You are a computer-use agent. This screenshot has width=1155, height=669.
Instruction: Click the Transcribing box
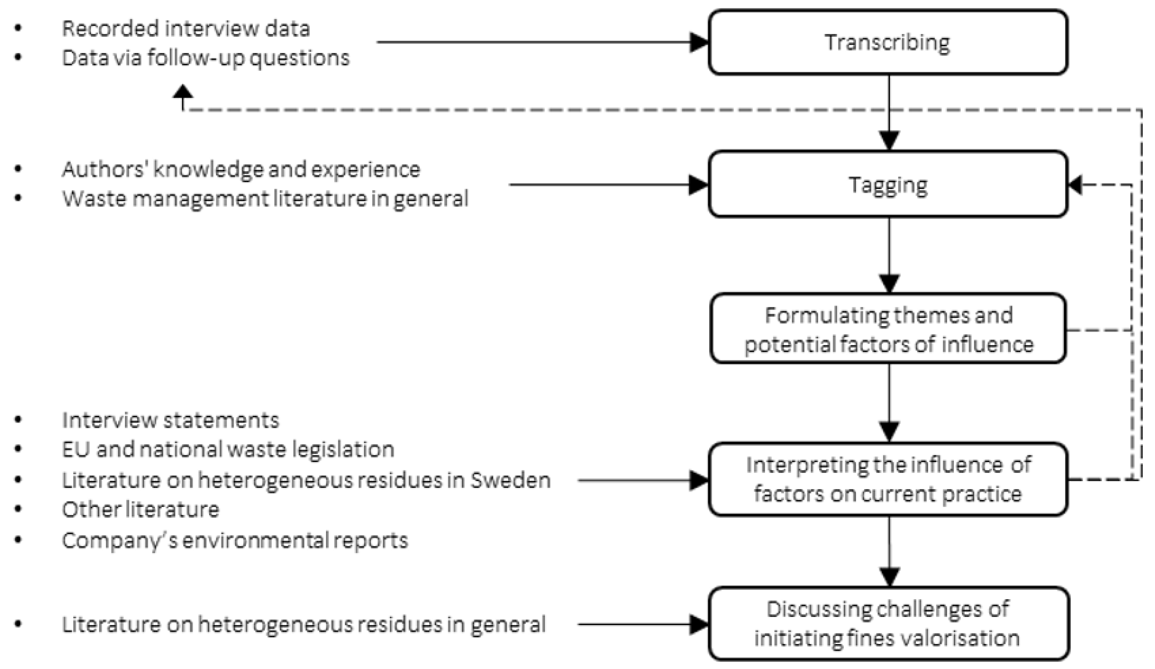point(888,42)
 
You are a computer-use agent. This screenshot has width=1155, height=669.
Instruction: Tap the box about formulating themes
point(888,330)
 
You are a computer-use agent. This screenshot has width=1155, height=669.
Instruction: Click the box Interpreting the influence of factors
point(888,479)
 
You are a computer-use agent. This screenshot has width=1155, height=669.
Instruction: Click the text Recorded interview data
point(186,28)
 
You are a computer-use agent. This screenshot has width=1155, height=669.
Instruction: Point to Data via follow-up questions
point(205,58)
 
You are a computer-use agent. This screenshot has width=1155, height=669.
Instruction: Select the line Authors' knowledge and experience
point(240,169)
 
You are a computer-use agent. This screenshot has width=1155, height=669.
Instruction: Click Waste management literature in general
point(265,199)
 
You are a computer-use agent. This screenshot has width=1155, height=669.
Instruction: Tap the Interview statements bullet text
point(170,420)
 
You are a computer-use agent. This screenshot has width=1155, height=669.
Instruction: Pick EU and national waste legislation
point(228,450)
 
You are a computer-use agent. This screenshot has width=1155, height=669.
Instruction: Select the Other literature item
point(140,510)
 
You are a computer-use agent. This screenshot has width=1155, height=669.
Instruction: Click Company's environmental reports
point(235,540)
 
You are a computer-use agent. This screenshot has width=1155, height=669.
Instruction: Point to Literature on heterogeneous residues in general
point(304,625)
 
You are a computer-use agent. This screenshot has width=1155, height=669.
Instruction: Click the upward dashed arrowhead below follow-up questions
point(183,92)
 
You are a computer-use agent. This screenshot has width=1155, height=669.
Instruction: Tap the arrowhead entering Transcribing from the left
point(699,42)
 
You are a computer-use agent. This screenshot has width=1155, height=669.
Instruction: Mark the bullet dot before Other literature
point(18,510)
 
